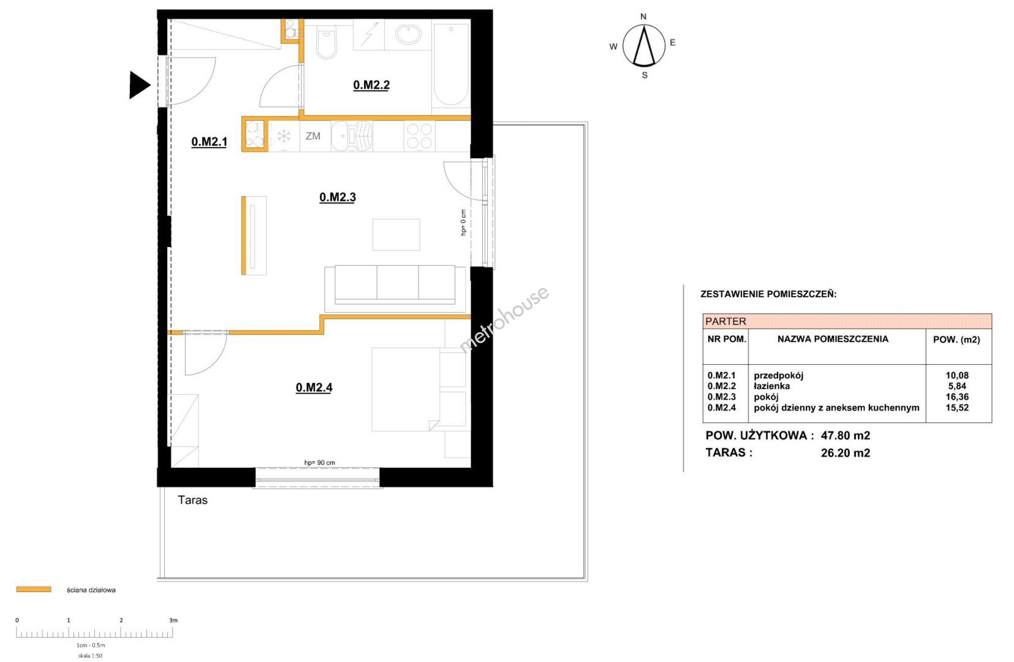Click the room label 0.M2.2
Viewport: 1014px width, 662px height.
(x=371, y=85)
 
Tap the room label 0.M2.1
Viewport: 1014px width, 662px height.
(x=209, y=142)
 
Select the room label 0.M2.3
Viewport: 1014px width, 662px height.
(x=338, y=197)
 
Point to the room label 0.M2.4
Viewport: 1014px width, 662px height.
(x=314, y=387)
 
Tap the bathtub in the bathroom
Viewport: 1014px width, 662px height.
(x=451, y=65)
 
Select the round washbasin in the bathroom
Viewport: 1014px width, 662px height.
(x=408, y=34)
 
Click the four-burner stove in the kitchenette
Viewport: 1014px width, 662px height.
(x=419, y=136)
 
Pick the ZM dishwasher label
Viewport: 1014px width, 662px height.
(x=313, y=136)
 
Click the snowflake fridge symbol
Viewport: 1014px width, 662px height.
(x=284, y=136)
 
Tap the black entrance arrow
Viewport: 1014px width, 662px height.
(x=140, y=85)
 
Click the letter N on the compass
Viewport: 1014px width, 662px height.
(x=643, y=17)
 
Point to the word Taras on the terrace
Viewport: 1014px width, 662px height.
(x=193, y=500)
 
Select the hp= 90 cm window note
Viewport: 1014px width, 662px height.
(x=320, y=462)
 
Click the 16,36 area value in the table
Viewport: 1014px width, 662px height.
(x=957, y=397)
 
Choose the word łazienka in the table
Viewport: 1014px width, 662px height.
(x=772, y=386)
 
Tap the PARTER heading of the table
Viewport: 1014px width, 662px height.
(x=725, y=321)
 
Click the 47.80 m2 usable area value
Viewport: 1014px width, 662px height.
(x=846, y=436)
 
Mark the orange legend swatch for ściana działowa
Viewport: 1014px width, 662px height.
(x=34, y=589)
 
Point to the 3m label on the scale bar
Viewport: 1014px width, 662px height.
(x=173, y=620)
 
